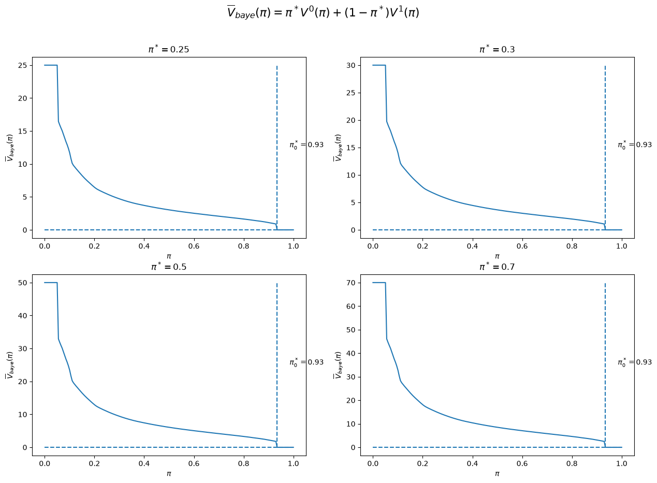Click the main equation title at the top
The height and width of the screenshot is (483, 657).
(x=323, y=12)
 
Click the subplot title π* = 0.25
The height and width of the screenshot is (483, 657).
(x=169, y=49)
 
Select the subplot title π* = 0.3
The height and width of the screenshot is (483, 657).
(x=497, y=49)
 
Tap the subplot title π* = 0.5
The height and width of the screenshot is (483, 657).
(x=169, y=267)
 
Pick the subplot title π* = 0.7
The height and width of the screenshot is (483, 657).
(x=497, y=267)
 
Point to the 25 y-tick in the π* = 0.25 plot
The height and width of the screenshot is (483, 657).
(x=22, y=65)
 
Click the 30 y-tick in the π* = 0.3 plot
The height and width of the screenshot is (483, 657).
(x=351, y=65)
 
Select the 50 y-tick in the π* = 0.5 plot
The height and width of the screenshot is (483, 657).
(x=22, y=283)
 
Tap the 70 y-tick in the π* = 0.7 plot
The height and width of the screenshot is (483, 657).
(x=351, y=283)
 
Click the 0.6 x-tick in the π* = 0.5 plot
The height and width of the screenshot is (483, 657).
(x=194, y=463)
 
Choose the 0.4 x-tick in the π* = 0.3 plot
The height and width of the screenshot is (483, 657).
(x=472, y=246)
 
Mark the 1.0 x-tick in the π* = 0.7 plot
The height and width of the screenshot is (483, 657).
(x=621, y=463)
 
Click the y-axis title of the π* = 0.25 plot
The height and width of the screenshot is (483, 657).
(x=10, y=148)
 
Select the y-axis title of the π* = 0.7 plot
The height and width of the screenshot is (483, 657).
(x=338, y=365)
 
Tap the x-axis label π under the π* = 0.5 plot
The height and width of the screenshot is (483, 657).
(x=169, y=474)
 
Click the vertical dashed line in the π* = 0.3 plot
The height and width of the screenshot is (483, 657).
(x=605, y=148)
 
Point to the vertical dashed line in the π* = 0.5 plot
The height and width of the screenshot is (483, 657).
(x=277, y=365)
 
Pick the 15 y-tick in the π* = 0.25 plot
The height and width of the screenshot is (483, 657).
(x=22, y=131)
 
